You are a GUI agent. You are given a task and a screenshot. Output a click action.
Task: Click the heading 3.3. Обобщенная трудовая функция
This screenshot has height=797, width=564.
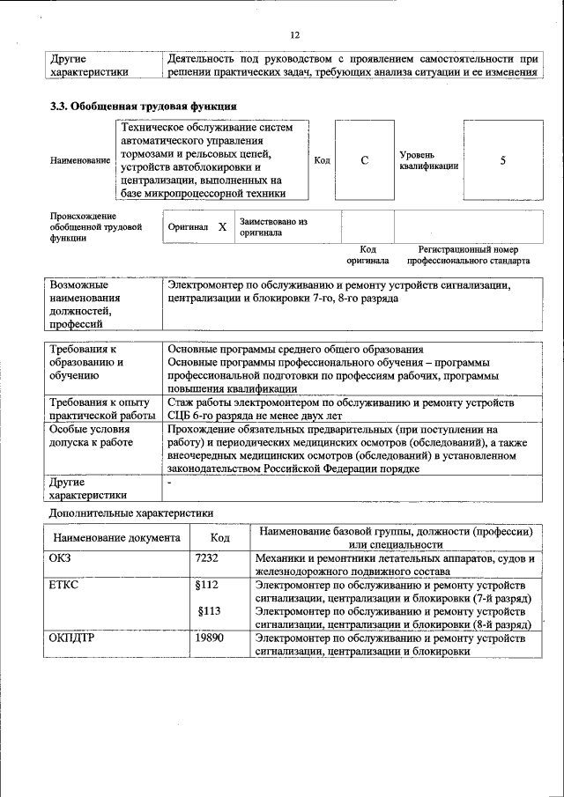[x=143, y=106]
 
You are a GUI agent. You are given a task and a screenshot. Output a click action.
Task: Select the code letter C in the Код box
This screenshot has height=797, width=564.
[x=364, y=160]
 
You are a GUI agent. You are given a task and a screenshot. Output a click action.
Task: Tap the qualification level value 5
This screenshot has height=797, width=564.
[x=502, y=160]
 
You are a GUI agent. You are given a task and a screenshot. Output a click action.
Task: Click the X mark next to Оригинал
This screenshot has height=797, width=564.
[x=222, y=227]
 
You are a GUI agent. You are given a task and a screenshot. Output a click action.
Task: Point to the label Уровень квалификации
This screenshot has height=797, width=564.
[x=428, y=160]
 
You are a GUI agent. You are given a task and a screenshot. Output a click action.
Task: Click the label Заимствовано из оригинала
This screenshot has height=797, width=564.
[x=273, y=227]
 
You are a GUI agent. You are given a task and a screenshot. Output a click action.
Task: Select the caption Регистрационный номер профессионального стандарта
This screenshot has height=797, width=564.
[x=468, y=255]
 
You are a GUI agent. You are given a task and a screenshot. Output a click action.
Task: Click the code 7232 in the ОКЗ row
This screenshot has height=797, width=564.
[x=206, y=558]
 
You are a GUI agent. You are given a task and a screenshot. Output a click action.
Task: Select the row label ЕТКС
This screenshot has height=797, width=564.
[x=64, y=585]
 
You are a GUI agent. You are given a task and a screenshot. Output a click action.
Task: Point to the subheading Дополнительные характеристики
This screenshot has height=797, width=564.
[x=130, y=513]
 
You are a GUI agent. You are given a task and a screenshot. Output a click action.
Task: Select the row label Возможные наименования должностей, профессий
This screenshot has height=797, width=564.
[x=86, y=304]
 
